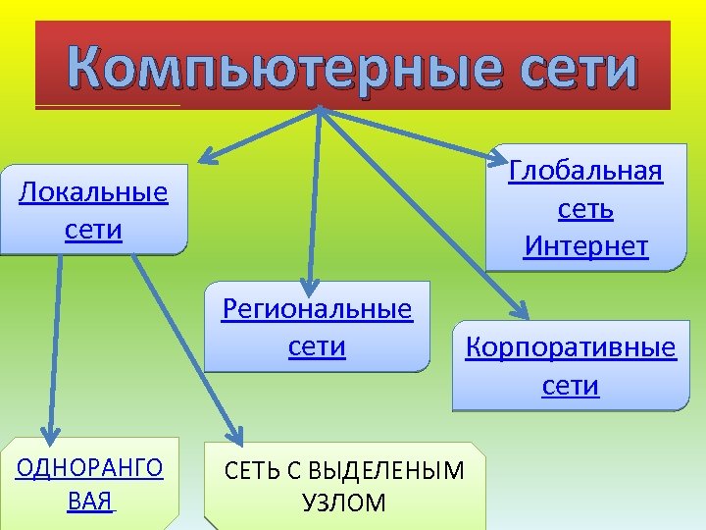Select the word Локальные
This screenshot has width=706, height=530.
[94, 192]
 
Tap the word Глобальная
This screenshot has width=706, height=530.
[586, 172]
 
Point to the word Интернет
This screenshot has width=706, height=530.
[586, 246]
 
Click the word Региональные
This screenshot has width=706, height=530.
[318, 310]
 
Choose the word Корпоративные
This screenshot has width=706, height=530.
[571, 348]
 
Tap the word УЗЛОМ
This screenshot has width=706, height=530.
[344, 504]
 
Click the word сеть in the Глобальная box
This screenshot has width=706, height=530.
[586, 209]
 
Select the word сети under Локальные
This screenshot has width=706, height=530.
[94, 231]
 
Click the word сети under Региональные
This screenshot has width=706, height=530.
[318, 347]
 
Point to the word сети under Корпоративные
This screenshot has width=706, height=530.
[571, 387]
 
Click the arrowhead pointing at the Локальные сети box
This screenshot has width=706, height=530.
[208, 156]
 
